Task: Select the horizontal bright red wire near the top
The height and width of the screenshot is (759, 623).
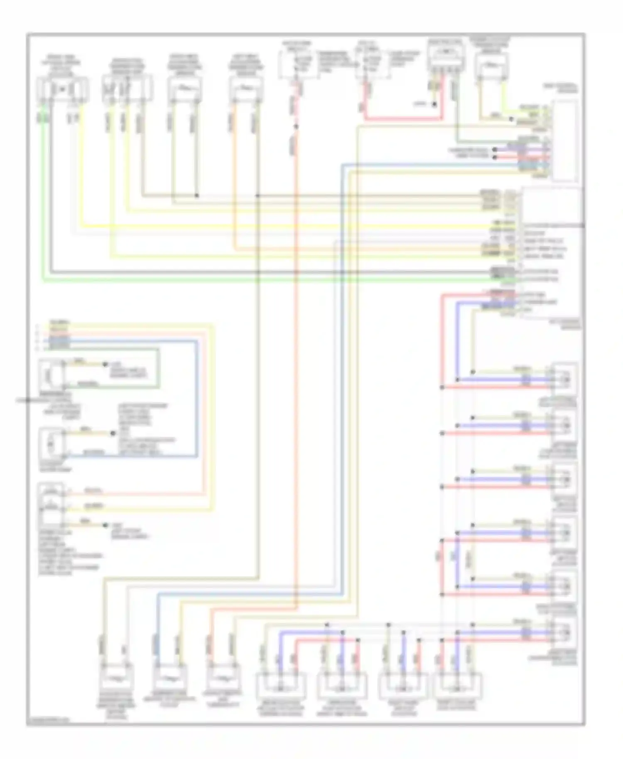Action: pyautogui.click(x=403, y=120)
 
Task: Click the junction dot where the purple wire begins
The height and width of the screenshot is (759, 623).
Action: pyautogui.click(x=495, y=149)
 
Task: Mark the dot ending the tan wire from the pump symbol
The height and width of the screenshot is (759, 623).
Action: pyautogui.click(x=112, y=434)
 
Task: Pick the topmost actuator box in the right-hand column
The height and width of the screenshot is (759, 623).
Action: pyautogui.click(x=564, y=378)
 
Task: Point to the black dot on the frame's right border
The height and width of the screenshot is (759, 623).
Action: pyautogui.click(x=584, y=226)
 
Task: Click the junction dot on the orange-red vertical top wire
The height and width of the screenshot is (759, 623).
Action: pyautogui.click(x=296, y=126)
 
